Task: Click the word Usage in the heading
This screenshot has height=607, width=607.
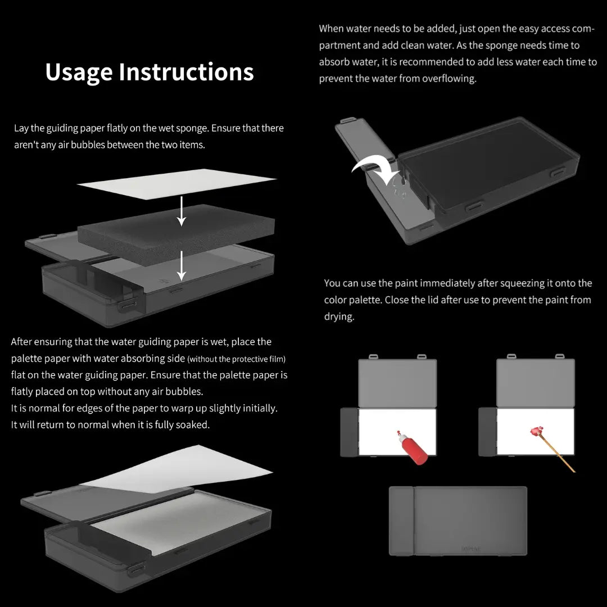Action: pyautogui.click(x=79, y=73)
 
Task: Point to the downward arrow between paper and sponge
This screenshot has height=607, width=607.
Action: pyautogui.click(x=181, y=211)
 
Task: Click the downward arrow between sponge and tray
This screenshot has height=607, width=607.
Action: pyautogui.click(x=181, y=265)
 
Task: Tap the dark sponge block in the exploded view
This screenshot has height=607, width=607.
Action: pyautogui.click(x=176, y=234)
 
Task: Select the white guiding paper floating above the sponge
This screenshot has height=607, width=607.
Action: pyautogui.click(x=176, y=184)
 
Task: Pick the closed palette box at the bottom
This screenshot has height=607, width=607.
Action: pyautogui.click(x=458, y=520)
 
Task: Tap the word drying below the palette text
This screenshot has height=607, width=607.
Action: pyautogui.click(x=339, y=316)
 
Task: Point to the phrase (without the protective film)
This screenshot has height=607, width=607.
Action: pyautogui.click(x=237, y=359)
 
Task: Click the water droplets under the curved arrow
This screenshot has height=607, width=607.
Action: pyautogui.click(x=398, y=187)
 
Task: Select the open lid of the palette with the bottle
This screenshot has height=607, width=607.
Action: pyautogui.click(x=397, y=382)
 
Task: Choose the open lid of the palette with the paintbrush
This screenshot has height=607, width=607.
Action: pyautogui.click(x=536, y=382)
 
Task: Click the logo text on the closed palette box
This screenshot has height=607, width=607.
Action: pyautogui.click(x=471, y=549)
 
